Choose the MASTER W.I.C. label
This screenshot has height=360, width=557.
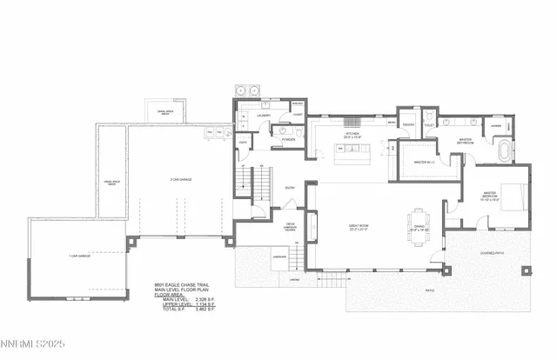tap(424, 162)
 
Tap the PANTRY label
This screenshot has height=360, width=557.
tap(406, 124)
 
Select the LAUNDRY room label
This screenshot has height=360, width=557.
tap(263, 115)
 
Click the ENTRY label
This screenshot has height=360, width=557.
tap(292, 187)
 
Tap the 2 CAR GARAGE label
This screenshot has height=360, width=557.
tap(180, 179)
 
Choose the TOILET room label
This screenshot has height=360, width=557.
tap(429, 124)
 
